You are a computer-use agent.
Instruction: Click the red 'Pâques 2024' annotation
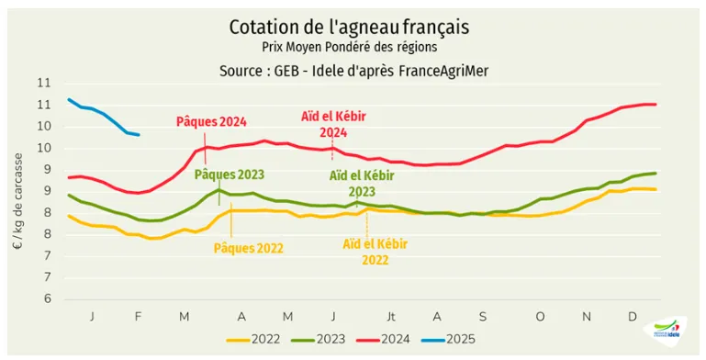coord(211,121)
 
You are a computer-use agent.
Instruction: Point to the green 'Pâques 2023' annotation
coord(229,174)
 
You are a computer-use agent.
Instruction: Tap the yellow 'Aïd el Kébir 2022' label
coord(375,252)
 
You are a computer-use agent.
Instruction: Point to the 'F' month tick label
coord(138,317)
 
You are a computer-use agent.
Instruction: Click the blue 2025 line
coord(101,114)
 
